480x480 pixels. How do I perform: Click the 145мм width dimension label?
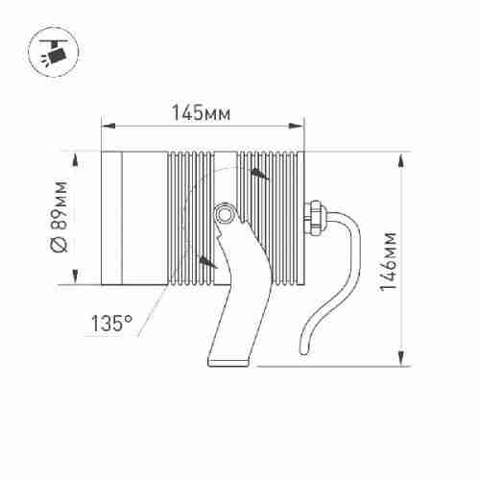tap(201, 112)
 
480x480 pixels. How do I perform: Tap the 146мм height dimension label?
tap(388, 261)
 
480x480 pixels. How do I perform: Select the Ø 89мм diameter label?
tap(60, 217)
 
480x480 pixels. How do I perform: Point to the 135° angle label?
tap(111, 324)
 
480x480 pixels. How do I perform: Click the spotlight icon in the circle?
tap(54, 52)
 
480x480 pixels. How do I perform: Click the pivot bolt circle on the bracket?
tap(224, 214)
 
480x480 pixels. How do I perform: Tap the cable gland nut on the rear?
tap(315, 218)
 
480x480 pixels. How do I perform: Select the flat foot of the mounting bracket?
tap(228, 362)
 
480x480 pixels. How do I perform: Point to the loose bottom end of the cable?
tap(304, 350)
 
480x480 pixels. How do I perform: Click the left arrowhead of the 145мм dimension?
tap(108, 126)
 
